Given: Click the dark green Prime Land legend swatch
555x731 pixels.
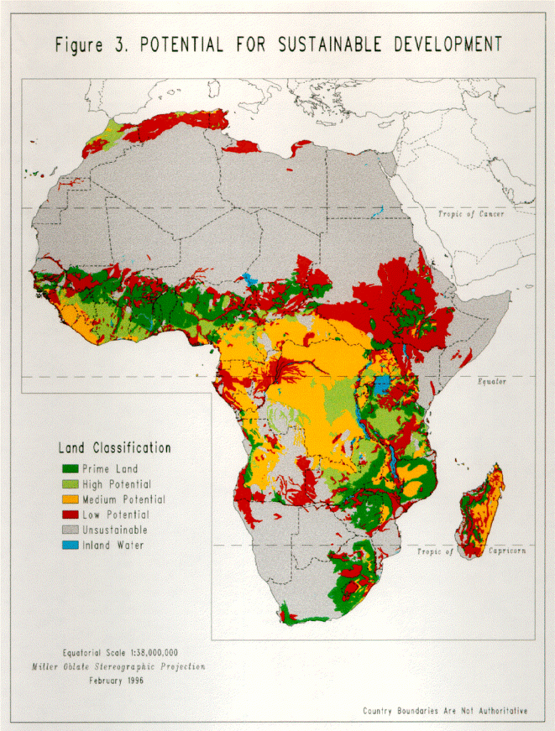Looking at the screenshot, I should [x=69, y=469].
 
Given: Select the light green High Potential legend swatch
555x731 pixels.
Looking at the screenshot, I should [x=69, y=484].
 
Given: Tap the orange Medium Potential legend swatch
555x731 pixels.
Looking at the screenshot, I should [x=69, y=500].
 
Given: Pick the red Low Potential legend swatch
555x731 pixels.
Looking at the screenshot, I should [x=69, y=515].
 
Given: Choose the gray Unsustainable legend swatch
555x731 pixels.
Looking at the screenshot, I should [x=69, y=530].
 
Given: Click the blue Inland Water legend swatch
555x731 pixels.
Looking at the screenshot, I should [x=69, y=545].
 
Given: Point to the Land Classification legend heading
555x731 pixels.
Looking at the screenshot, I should [x=114, y=448].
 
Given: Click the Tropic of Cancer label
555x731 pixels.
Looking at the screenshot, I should [x=471, y=214].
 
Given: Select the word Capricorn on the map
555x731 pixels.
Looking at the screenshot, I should [x=507, y=552].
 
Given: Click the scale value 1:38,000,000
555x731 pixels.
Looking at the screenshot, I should [x=144, y=652].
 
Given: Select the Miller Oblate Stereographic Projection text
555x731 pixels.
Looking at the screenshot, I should [x=118, y=667].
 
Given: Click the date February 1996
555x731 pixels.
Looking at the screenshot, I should [x=116, y=680].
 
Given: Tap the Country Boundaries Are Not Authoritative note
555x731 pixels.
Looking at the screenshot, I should [x=445, y=711].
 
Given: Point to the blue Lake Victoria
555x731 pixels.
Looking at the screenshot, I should [x=382, y=385].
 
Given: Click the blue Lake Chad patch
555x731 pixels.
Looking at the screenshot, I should [x=249, y=278].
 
